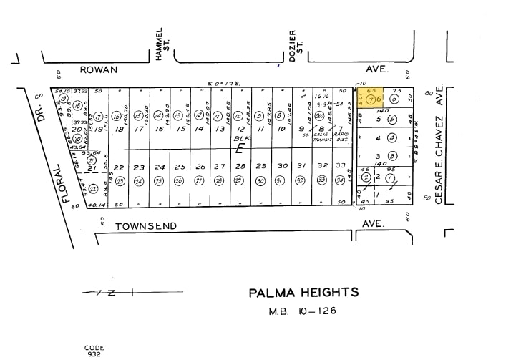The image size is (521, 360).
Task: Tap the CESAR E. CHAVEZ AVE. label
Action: click(439, 147)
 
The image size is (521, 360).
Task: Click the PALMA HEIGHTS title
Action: click(303, 292)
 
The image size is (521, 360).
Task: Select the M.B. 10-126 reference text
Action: click(303, 311)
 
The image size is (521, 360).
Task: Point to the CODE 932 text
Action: click(94, 351)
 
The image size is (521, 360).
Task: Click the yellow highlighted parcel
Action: click(376, 99)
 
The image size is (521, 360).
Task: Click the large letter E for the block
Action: click(240, 149)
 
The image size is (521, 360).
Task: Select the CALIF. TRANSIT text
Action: click(321, 137)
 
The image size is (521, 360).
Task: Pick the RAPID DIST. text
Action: click(341, 137)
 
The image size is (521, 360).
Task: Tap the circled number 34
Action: click(340, 180)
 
